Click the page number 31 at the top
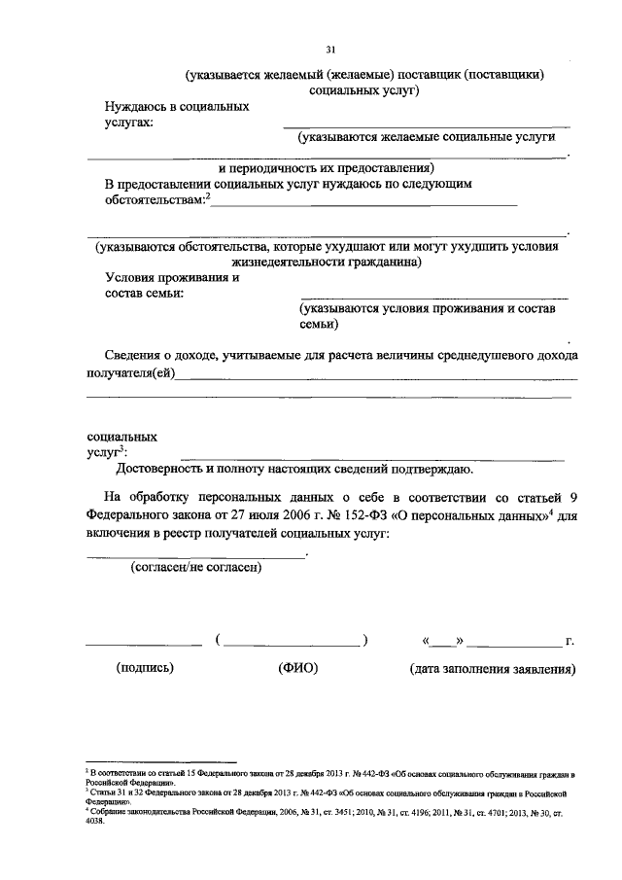click(x=330, y=50)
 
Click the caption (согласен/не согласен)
click(x=197, y=568)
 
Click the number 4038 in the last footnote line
click(x=95, y=819)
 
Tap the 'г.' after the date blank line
click(x=570, y=643)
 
